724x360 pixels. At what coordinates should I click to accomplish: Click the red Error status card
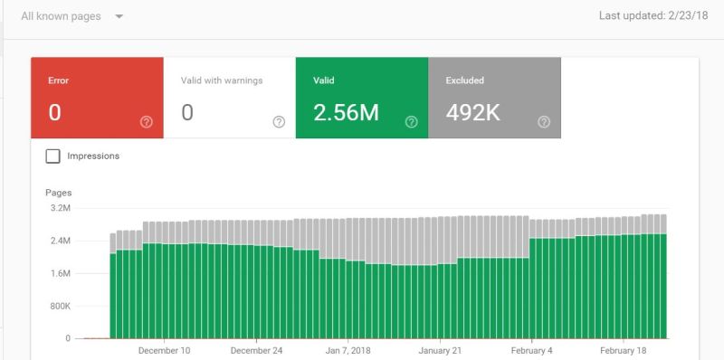pos(97,98)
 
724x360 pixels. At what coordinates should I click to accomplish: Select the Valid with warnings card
pos(229,98)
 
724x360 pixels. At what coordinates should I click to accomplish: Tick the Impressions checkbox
pos(53,156)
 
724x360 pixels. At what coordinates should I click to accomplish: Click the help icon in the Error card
pos(147,122)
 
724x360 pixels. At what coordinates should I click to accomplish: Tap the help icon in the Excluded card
pos(544,122)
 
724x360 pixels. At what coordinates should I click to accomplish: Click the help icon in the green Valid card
pos(412,122)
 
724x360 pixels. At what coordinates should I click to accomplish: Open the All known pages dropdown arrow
pos(119,17)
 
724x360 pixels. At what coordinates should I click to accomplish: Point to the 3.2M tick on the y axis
pos(60,208)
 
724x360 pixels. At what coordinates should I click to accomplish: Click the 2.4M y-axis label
pos(60,241)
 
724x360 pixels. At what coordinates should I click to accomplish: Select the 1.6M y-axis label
pos(60,273)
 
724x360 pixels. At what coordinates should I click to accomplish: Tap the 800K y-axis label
pos(59,306)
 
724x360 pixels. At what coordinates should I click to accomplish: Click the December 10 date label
pos(164,351)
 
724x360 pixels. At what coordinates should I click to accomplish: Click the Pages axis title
pos(58,193)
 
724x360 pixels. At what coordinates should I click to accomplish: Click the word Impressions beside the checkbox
pos(93,156)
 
